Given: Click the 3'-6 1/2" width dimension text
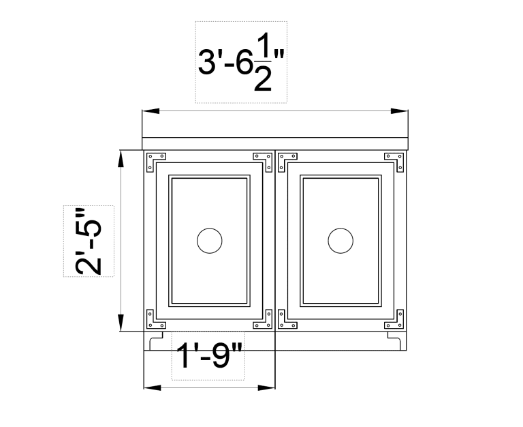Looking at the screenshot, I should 240,63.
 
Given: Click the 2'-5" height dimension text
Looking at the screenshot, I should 89,241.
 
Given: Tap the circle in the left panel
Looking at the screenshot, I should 209,241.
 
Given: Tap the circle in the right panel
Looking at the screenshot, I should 340,241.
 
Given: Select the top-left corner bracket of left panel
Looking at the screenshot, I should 156,158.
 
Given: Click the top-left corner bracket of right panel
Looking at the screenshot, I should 287,158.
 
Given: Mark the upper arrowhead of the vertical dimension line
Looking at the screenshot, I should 121,158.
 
